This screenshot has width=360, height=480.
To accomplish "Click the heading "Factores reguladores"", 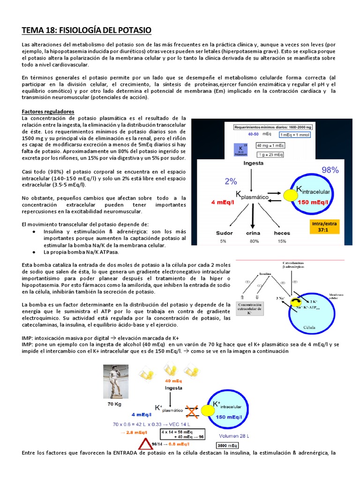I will pos(48,112).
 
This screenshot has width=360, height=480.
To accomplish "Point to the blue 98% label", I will pos(330,170).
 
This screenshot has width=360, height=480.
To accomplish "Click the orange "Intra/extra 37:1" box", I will pos(325,226).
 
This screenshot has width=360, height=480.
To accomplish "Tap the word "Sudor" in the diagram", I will pos(224,233).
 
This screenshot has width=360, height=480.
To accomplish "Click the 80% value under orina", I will pos(254,241).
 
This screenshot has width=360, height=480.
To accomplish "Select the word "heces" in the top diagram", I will pos(282,233).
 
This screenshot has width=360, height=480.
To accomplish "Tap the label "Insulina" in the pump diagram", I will pos(266,274).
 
